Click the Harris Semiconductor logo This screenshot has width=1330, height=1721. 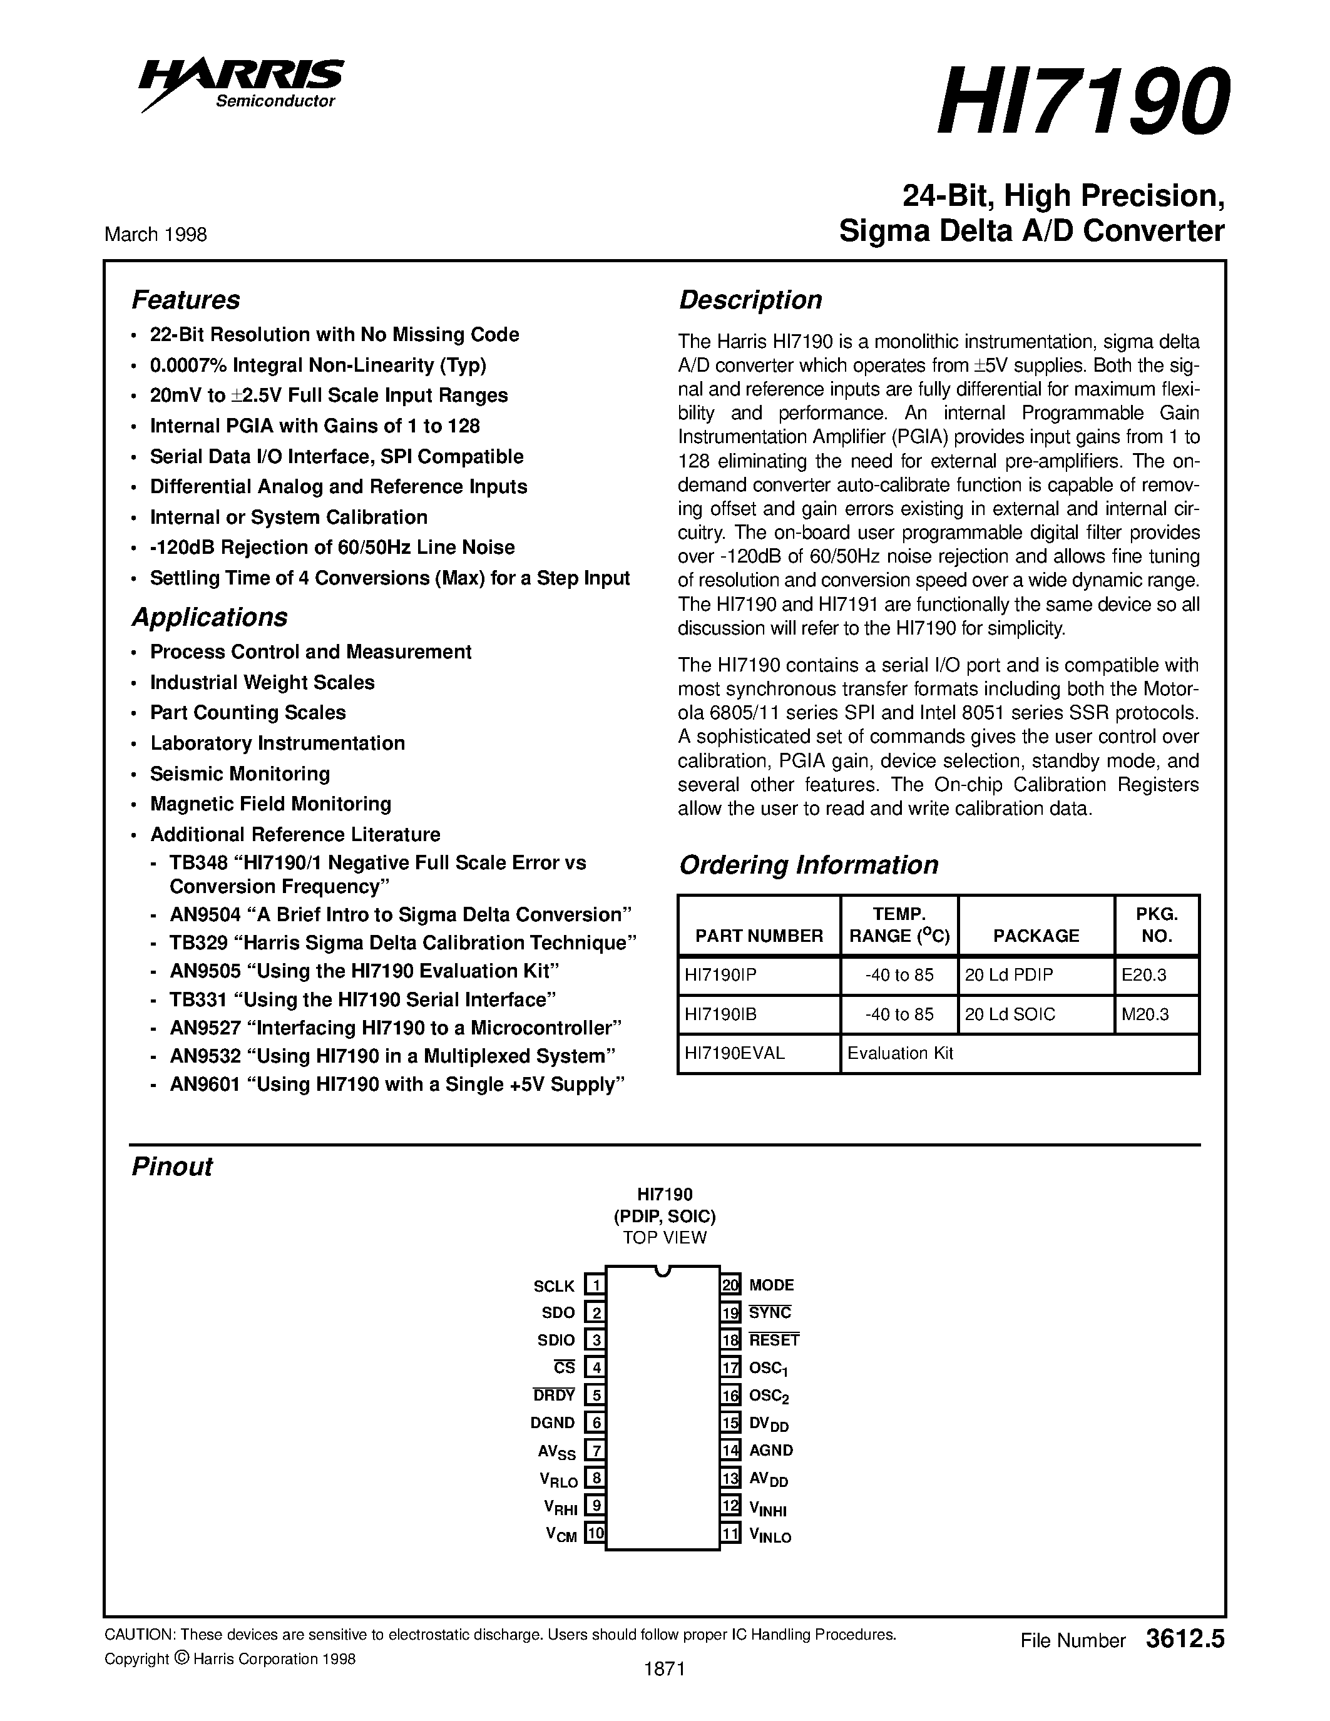coord(241,83)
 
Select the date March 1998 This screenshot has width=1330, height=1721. coord(155,235)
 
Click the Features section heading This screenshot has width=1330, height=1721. coord(185,300)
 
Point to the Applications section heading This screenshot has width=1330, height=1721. coord(209,617)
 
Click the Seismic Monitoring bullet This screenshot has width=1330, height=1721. coord(240,774)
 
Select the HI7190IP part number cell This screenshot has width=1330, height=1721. coord(720,975)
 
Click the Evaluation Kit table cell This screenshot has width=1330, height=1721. coord(900,1053)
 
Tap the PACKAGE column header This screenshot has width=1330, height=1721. coord(1035,936)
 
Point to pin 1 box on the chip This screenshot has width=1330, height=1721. coord(595,1285)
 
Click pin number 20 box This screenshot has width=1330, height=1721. coord(730,1285)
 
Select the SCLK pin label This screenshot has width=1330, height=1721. coord(554,1286)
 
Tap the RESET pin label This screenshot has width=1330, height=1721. coord(774,1341)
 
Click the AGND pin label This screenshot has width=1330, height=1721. coord(770,1450)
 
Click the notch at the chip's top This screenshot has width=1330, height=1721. coord(663,1270)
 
